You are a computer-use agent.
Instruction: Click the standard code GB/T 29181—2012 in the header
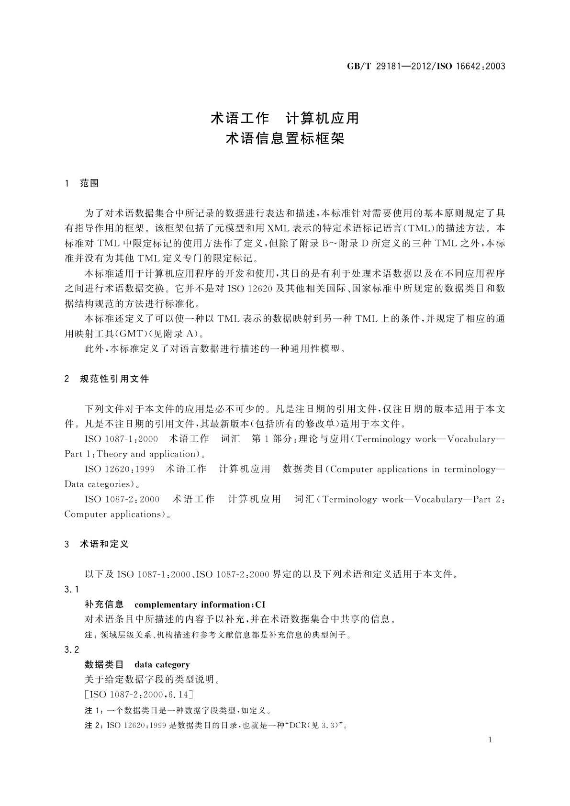coord(388,67)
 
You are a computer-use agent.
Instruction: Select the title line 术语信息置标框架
coord(285,139)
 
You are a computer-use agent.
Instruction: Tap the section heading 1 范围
coord(82,183)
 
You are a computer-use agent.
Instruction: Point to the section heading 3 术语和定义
coord(97,544)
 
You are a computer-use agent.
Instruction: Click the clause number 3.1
coord(71,589)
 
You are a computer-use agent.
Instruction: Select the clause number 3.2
coord(71,649)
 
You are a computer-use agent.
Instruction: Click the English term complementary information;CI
coord(200,604)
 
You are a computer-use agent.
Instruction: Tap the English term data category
coord(162,665)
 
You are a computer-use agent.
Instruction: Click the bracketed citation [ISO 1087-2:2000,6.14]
coord(138,694)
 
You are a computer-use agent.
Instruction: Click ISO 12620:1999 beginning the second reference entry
coord(120,469)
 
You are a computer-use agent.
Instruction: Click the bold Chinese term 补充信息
coord(104,604)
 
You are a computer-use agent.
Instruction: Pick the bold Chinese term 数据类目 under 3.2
coord(104,665)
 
